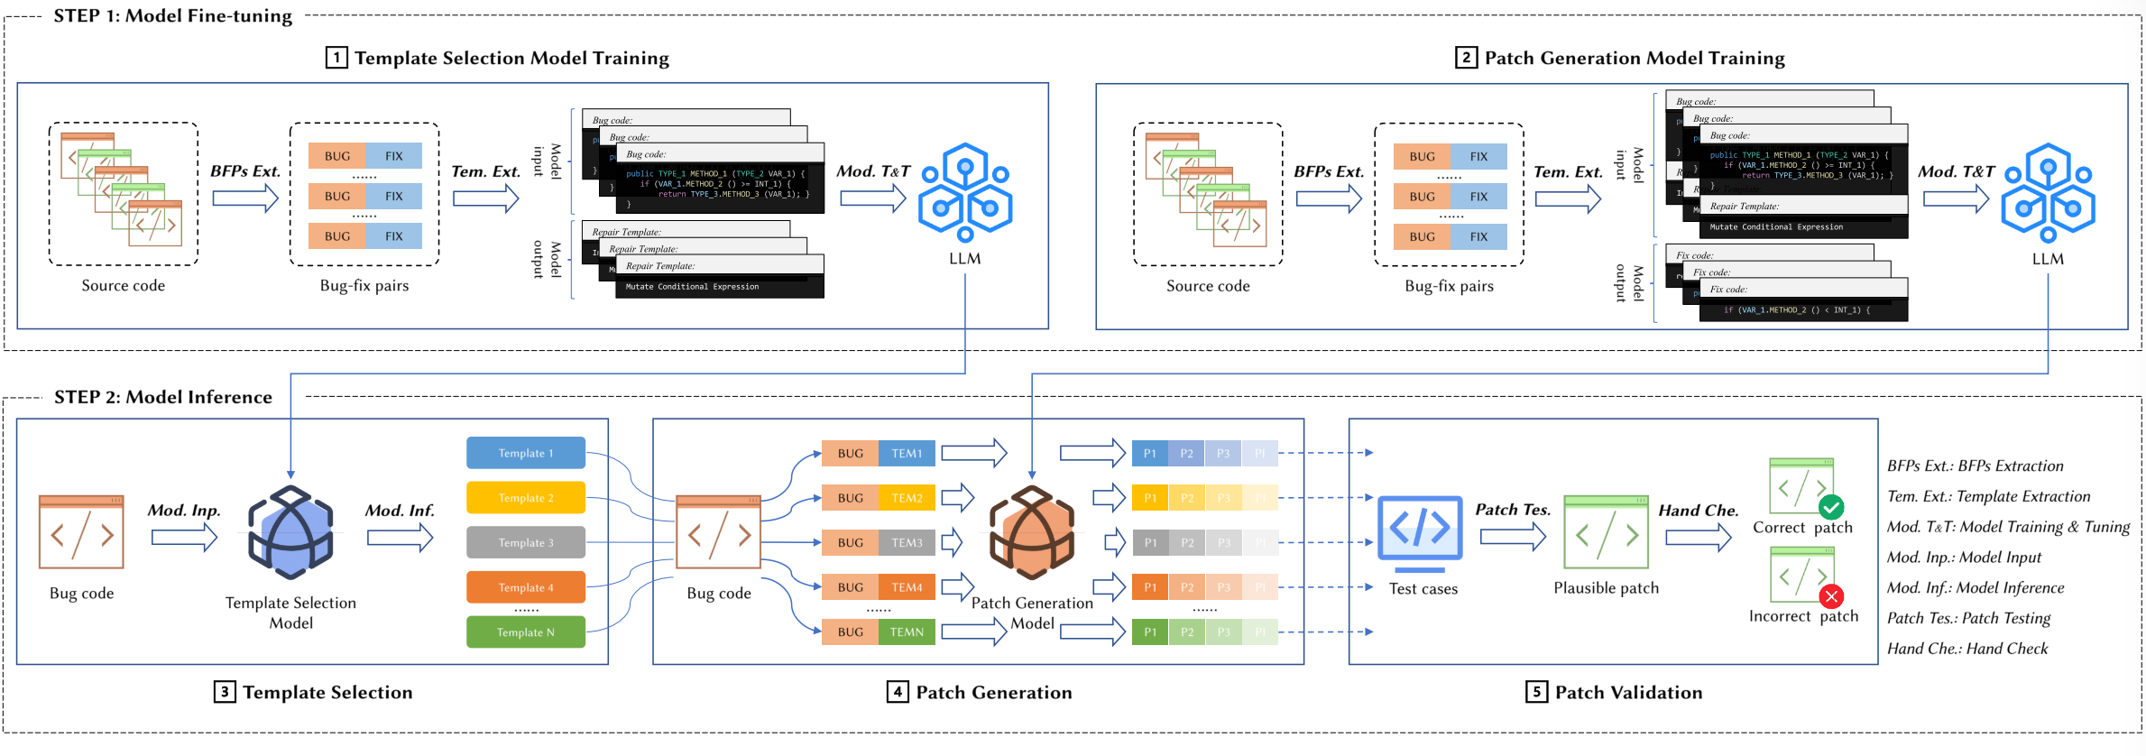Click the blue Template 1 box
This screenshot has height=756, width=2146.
click(x=526, y=453)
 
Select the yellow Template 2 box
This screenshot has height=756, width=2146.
click(x=526, y=498)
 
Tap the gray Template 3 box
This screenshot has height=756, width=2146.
click(x=526, y=542)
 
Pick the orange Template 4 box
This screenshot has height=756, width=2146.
click(x=526, y=587)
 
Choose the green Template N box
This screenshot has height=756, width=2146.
click(x=526, y=632)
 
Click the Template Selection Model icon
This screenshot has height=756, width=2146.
click(x=290, y=532)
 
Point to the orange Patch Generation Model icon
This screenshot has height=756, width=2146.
click(x=1032, y=532)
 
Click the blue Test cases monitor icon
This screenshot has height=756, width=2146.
click(x=1420, y=532)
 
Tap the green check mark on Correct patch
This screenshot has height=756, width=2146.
click(x=1831, y=507)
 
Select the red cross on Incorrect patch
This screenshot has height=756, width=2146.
click(x=1831, y=596)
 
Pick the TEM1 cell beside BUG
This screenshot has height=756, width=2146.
click(x=907, y=453)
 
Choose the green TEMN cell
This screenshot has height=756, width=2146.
click(x=907, y=632)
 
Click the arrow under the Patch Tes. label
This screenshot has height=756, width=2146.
click(x=1513, y=538)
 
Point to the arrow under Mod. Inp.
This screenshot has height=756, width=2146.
click(x=184, y=538)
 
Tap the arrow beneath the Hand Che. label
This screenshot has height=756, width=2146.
click(x=1698, y=538)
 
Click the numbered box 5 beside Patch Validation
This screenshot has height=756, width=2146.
click(x=1536, y=692)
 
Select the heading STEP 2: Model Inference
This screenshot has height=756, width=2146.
click(x=163, y=397)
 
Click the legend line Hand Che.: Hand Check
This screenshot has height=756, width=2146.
click(x=1967, y=649)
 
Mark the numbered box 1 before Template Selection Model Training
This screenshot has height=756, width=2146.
click(x=336, y=58)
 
